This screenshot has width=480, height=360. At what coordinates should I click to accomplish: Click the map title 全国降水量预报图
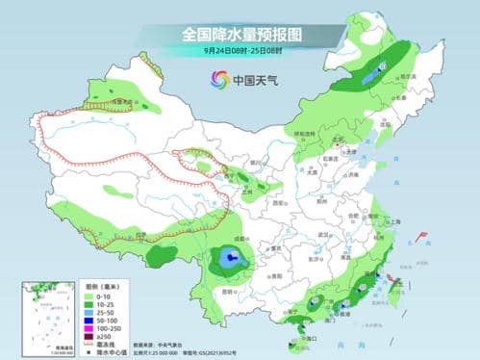pos(240,34)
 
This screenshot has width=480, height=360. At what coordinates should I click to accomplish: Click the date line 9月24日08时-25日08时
pos(240,50)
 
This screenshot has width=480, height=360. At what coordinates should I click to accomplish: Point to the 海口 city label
pos(306,337)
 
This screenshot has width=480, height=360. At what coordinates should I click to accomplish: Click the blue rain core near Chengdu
pos(231,259)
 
